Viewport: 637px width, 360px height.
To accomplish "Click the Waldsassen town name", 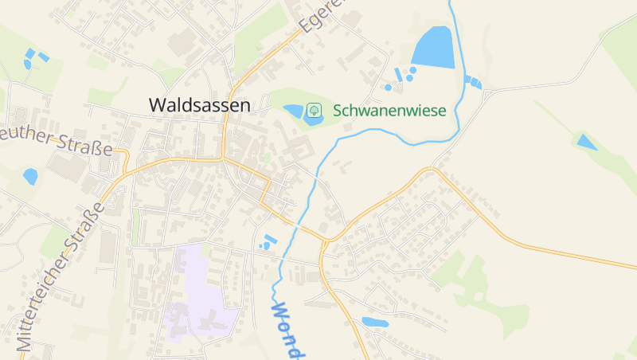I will point(199,104).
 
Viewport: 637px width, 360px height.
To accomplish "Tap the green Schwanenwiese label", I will point(389,110).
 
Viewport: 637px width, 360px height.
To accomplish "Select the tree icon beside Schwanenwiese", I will point(315,110).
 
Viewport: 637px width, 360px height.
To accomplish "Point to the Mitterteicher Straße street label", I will point(61,276).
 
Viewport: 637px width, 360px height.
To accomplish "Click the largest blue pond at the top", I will point(434,48).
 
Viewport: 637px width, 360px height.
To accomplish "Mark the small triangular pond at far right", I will point(586,143).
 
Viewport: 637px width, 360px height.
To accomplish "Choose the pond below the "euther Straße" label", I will point(30,176).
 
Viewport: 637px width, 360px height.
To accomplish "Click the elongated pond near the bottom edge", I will point(373,323).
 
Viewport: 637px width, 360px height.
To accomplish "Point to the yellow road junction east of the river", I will point(326,239).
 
